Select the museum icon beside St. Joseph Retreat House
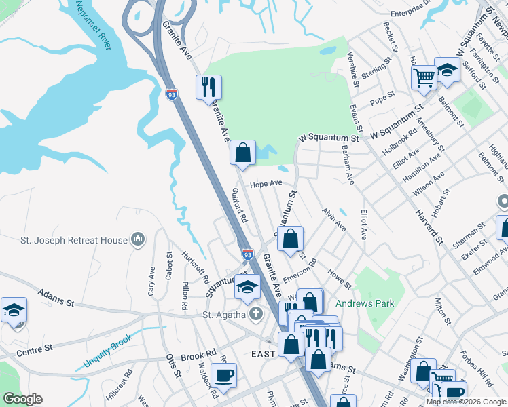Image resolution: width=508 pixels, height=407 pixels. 138,239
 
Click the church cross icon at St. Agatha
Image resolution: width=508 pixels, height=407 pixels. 255,314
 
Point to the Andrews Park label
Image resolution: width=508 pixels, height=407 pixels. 365,303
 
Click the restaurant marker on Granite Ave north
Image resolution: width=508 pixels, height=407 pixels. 208,87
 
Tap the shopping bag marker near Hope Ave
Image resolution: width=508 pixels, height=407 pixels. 242,153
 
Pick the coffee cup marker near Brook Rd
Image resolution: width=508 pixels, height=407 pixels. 223,374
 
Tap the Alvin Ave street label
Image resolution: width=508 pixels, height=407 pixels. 334,220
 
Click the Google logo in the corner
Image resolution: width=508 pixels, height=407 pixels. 22,399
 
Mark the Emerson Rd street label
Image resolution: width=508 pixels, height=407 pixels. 300,271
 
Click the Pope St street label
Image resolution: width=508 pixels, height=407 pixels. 382,100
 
